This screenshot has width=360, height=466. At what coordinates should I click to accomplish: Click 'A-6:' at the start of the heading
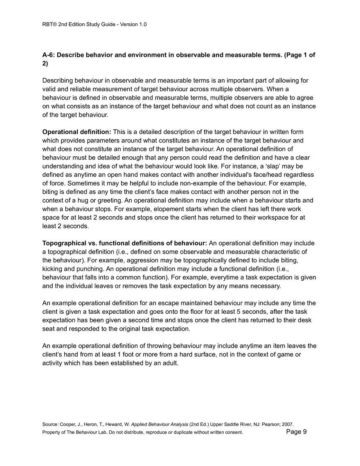click(49, 55)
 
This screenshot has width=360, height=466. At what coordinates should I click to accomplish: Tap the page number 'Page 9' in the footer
click(297, 432)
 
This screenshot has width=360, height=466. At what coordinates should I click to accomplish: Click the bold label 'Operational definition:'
click(77, 132)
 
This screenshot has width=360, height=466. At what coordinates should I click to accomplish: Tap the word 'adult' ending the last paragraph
click(170, 363)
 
